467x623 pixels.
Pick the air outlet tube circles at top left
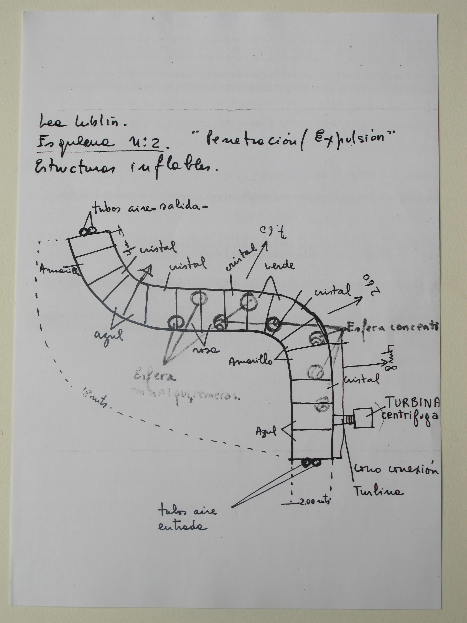[88, 231]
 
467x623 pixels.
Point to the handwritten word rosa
[205, 350]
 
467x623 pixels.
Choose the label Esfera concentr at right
[393, 327]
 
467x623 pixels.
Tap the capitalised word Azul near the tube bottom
[266, 431]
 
